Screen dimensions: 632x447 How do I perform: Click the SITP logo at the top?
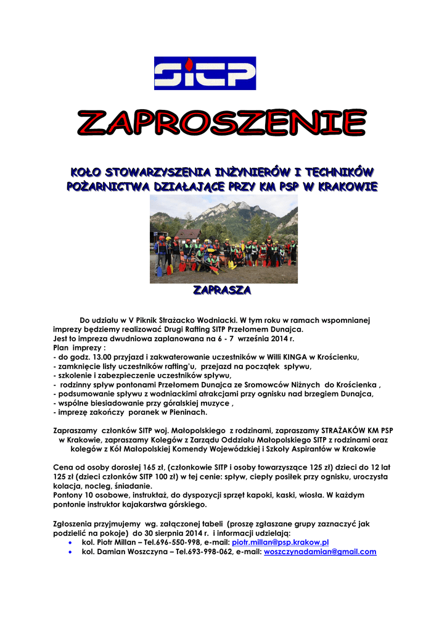point(204,73)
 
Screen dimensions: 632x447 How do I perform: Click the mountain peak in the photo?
point(234,206)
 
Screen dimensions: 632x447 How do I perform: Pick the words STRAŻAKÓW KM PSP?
point(356,430)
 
